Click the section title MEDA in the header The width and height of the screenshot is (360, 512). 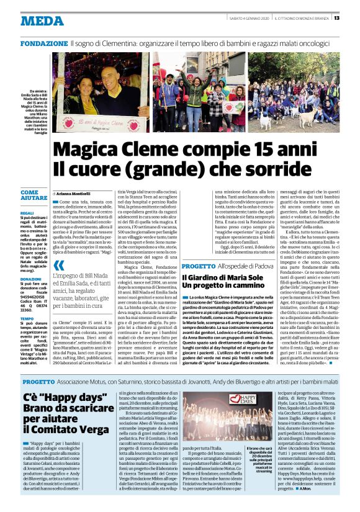coord(42,20)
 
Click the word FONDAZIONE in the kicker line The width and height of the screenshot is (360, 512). coord(45,44)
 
